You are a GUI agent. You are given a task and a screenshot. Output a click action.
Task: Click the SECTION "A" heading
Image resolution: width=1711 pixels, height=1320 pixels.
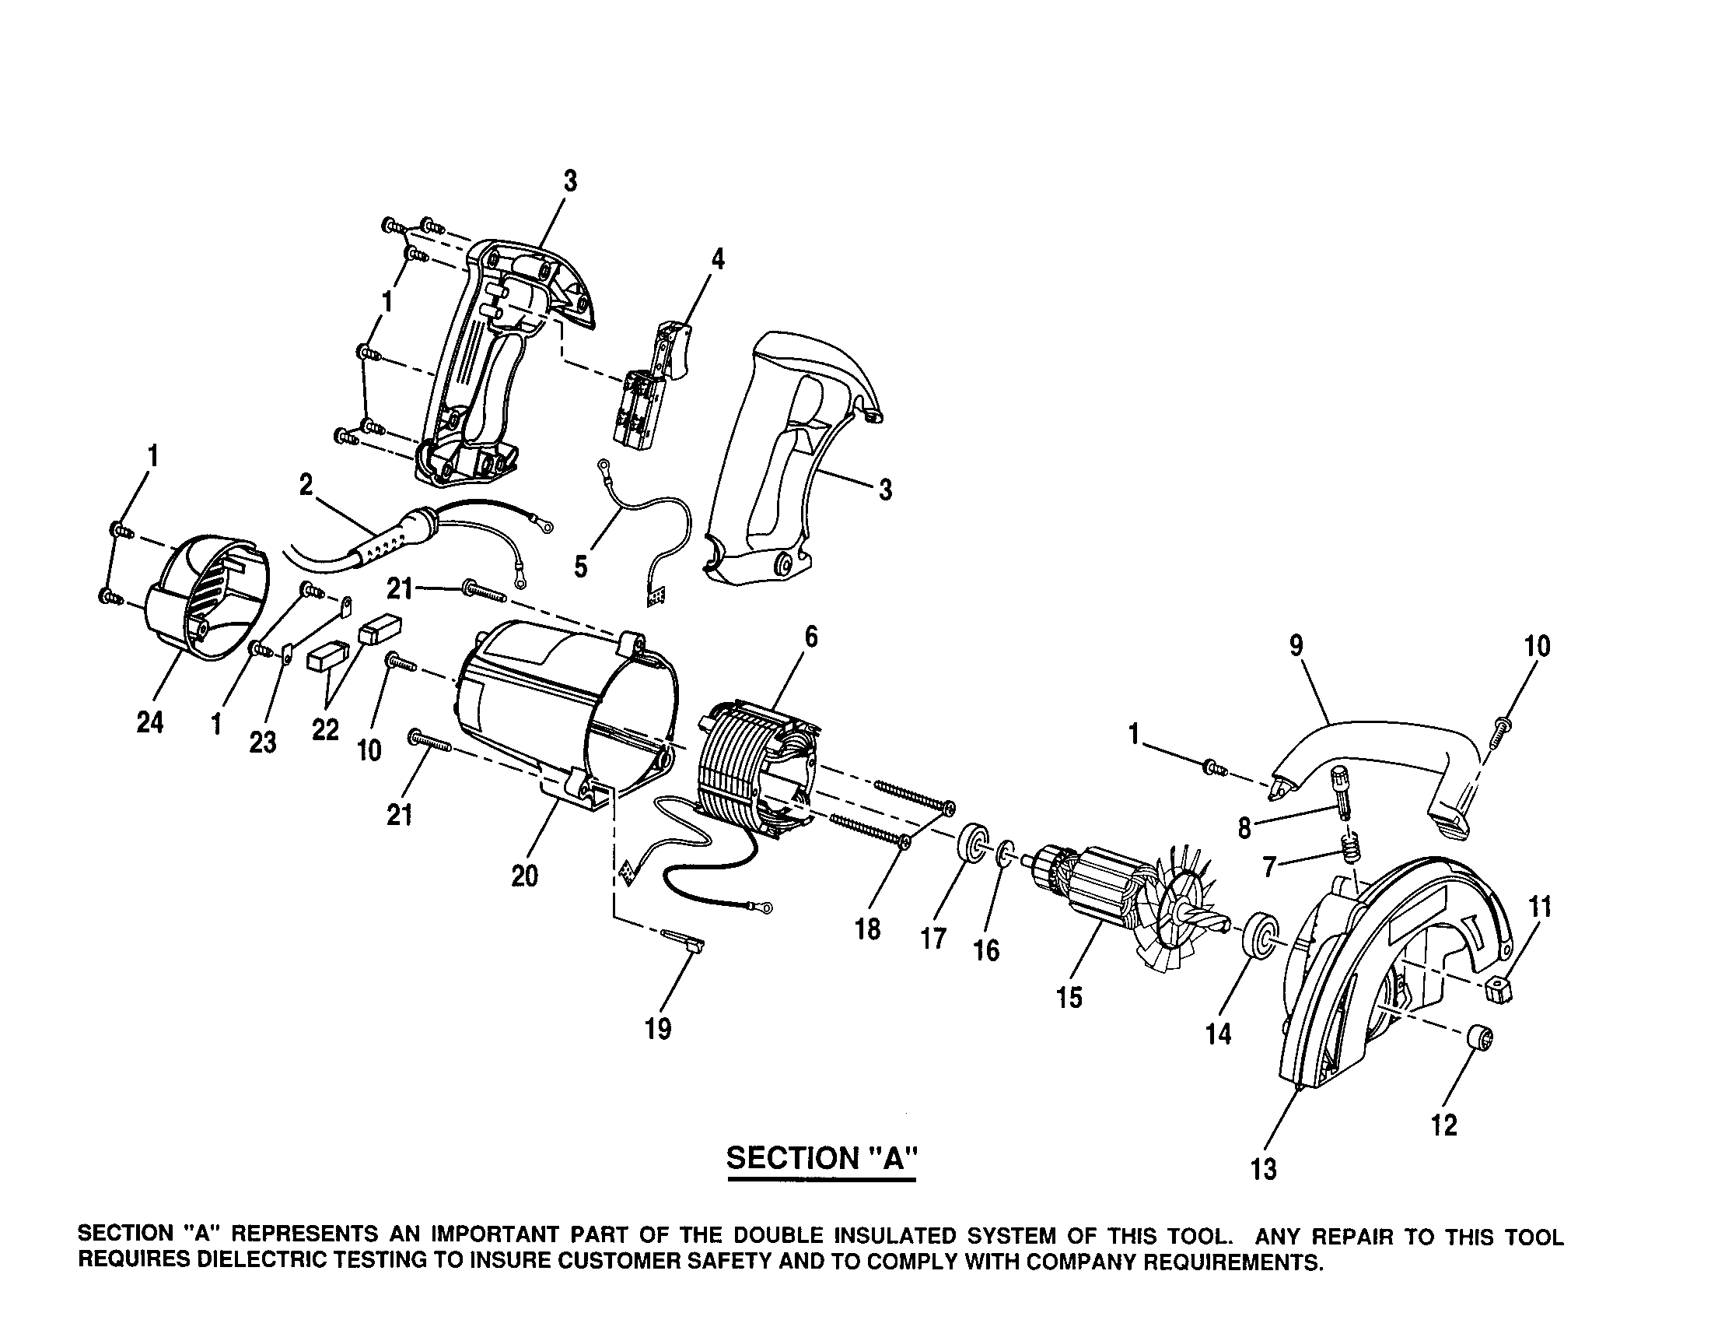[821, 1158]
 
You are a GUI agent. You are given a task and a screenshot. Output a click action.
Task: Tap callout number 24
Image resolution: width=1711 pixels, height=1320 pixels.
[149, 722]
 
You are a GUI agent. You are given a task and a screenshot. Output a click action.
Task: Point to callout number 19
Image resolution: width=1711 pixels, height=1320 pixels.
[658, 1029]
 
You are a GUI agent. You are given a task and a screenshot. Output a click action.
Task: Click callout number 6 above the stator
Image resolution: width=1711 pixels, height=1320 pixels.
[811, 638]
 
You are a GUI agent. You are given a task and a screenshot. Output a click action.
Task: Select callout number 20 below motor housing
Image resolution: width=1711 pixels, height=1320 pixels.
[524, 876]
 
